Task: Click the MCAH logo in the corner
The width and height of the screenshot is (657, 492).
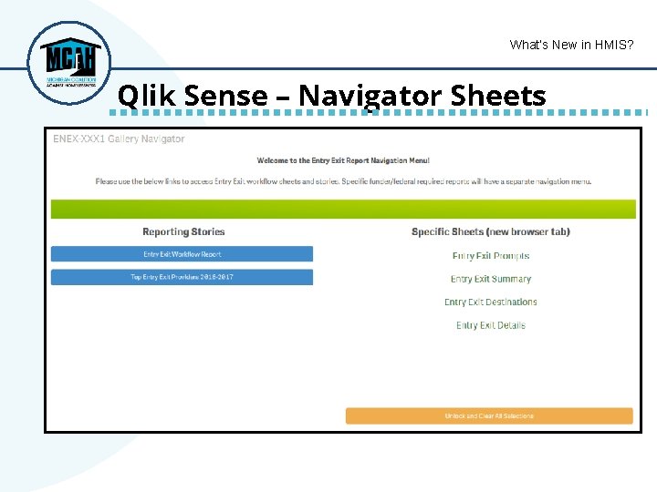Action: (x=68, y=62)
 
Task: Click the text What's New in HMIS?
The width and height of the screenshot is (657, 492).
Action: (x=571, y=45)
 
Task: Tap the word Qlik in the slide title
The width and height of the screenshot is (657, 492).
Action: (x=142, y=96)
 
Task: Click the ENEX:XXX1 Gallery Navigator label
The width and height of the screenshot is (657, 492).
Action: (x=119, y=139)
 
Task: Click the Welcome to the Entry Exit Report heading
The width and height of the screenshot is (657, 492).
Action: (x=343, y=161)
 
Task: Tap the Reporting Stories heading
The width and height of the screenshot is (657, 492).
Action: (x=183, y=232)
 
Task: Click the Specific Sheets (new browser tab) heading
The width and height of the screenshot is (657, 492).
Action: (x=491, y=232)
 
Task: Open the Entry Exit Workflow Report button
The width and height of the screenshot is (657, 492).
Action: (x=182, y=254)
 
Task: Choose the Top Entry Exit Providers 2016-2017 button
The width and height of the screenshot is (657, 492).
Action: (x=182, y=277)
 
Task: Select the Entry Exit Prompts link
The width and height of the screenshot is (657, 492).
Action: (x=491, y=256)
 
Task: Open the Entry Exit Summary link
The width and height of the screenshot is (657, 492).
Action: (x=491, y=279)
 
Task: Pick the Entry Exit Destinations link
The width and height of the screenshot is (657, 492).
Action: (x=491, y=302)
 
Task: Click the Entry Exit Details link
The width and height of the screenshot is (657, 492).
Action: (x=491, y=325)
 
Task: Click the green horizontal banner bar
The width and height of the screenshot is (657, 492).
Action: (x=343, y=209)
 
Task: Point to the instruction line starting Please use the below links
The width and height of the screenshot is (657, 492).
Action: (x=343, y=181)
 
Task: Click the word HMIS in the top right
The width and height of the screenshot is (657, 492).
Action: (x=610, y=45)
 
